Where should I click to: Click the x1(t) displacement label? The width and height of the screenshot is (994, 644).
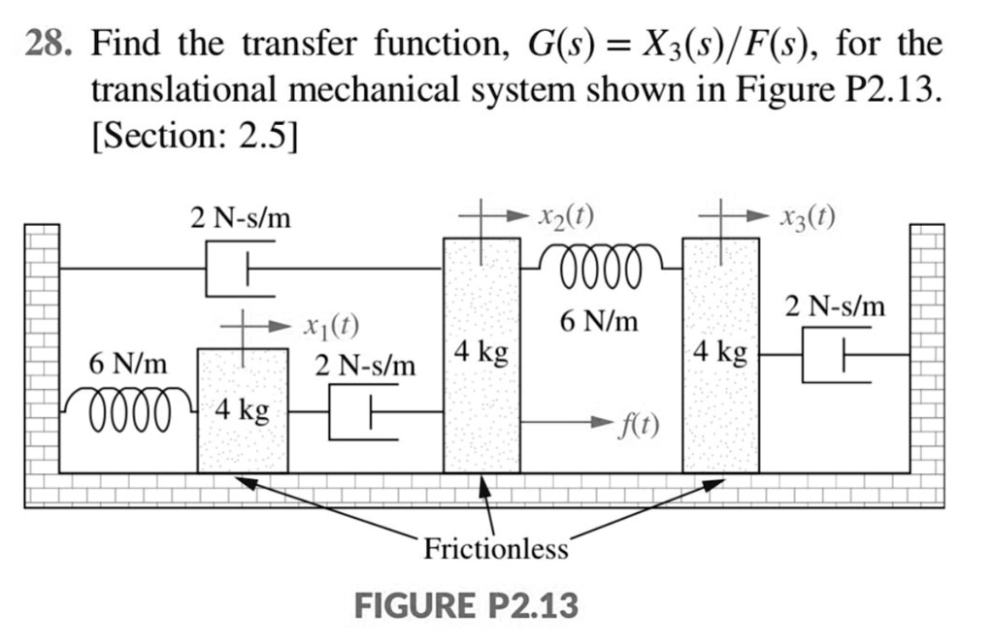(332, 327)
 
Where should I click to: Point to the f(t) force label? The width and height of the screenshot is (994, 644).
(640, 425)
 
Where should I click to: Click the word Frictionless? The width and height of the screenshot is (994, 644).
(495, 550)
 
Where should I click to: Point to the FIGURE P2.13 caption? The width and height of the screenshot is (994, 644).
(466, 606)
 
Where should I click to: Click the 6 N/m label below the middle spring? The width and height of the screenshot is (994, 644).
(599, 321)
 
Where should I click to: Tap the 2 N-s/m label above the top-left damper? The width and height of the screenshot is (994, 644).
(241, 218)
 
